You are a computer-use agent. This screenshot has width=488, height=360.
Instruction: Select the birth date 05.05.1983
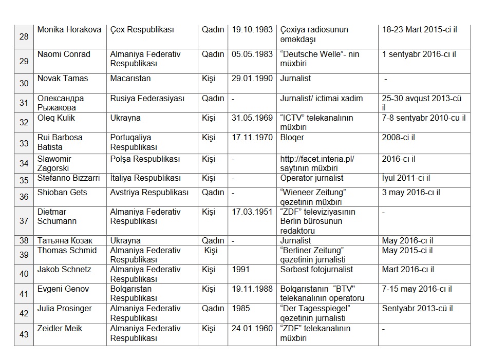click(x=252, y=54)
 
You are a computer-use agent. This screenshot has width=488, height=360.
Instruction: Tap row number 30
click(x=24, y=84)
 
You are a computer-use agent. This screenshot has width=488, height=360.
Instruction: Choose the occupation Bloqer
click(x=292, y=138)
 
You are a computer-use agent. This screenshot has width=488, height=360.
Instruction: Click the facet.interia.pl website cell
click(x=317, y=164)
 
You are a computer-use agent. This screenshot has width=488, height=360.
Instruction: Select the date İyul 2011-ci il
click(x=406, y=178)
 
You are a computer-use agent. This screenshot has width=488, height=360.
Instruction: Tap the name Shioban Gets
click(x=62, y=193)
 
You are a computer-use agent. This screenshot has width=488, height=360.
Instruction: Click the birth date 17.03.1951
click(x=252, y=212)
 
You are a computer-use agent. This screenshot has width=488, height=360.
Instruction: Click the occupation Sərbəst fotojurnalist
click(x=316, y=270)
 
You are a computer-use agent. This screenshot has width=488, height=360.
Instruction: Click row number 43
click(x=24, y=334)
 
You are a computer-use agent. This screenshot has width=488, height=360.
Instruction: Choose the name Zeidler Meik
click(x=60, y=329)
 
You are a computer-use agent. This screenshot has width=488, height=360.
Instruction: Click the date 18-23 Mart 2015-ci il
click(x=419, y=30)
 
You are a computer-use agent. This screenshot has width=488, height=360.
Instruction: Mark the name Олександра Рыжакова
click(x=61, y=103)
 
